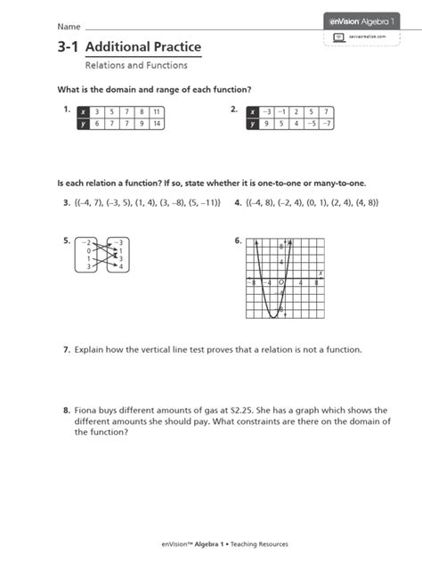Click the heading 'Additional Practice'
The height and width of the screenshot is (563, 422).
point(143,46)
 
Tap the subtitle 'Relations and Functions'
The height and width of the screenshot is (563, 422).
point(136,66)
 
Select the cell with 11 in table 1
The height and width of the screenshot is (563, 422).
point(155,111)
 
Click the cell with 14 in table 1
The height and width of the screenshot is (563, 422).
point(155,124)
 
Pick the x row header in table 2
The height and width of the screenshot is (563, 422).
point(252,111)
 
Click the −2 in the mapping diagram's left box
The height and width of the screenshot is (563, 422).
point(85,242)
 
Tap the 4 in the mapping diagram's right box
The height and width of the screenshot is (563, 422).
point(121,267)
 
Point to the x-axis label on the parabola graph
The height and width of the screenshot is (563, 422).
point(320,273)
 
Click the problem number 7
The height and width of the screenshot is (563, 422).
point(66,350)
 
